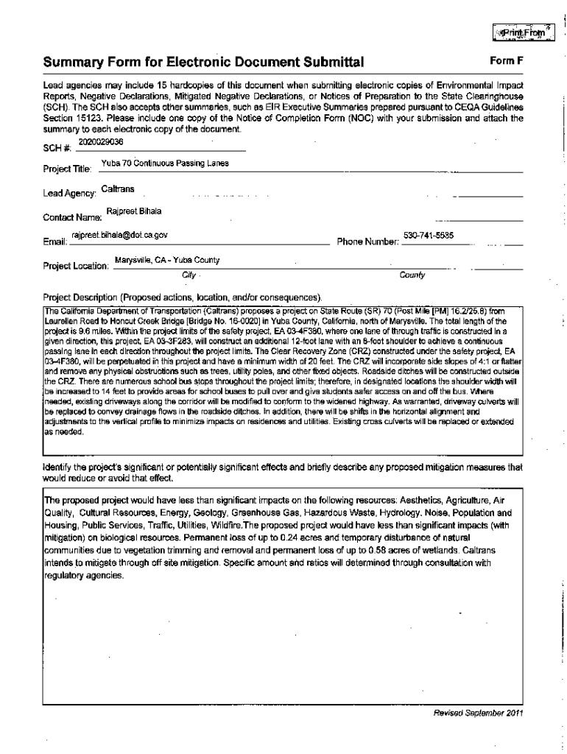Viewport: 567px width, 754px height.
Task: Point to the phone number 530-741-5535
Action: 429,235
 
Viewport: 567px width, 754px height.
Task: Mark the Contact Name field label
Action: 71,218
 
